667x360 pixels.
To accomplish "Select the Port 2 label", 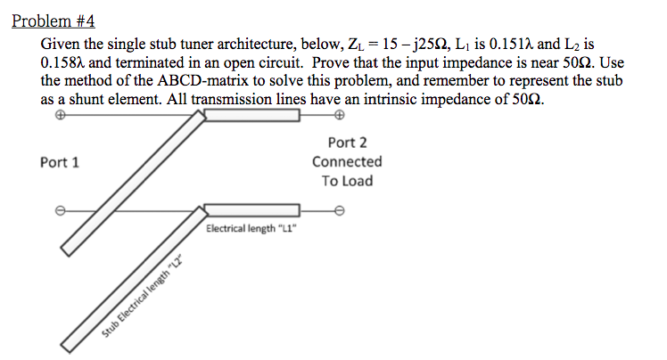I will coord(347,143).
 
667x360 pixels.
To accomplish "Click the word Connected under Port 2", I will coord(347,162).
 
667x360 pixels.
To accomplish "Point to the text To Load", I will coord(347,181).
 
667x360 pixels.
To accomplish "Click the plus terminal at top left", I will coord(61,116).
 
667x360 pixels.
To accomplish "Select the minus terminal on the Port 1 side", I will coord(61,210).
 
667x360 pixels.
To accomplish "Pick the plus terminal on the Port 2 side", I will coord(338,116).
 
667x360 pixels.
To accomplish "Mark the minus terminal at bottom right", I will coord(338,210).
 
